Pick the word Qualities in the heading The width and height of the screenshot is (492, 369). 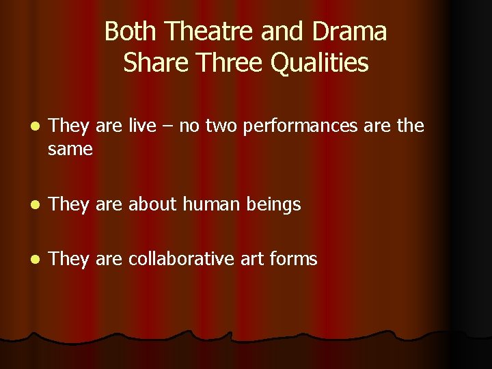[320, 63]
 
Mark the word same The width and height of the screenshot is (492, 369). [70, 148]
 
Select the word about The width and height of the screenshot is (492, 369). [152, 204]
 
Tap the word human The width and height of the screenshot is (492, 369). [208, 204]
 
